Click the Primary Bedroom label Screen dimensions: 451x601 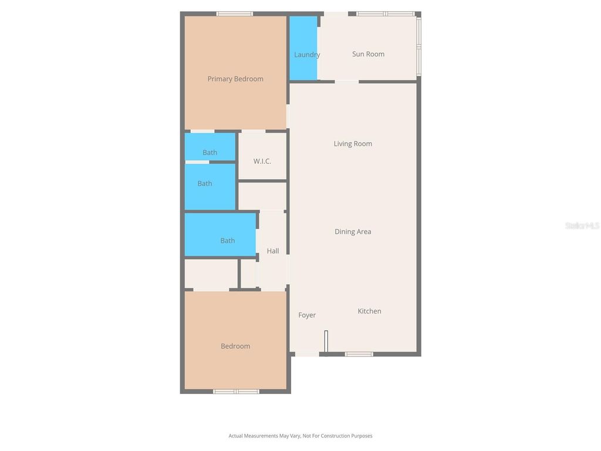[235, 79]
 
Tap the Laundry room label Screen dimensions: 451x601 [307, 55]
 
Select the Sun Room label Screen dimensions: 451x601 [368, 54]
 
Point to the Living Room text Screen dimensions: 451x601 [353, 144]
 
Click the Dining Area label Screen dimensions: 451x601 [353, 231]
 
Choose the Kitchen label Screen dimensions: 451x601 [369, 311]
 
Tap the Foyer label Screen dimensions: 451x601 [307, 315]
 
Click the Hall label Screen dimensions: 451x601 [273, 251]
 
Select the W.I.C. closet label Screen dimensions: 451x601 [262, 161]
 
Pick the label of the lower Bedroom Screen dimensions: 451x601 [235, 346]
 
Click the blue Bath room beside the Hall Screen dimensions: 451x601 [220, 234]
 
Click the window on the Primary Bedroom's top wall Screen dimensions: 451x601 [235, 14]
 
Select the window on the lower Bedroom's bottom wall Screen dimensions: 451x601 [236, 391]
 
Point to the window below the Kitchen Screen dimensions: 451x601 [359, 354]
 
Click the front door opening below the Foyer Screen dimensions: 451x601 [307, 354]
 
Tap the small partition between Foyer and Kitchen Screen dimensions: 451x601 [326, 342]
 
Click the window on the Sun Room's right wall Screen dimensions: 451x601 [418, 46]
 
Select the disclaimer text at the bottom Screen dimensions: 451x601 [300, 436]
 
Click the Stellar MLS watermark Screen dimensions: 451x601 [582, 225]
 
